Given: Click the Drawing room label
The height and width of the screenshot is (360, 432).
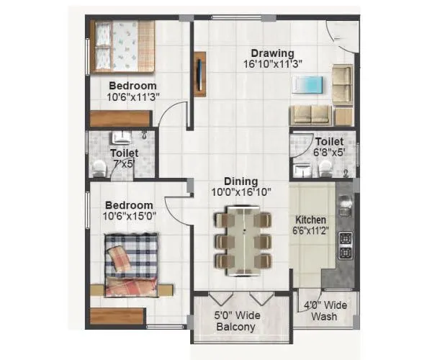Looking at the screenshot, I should [x=272, y=53].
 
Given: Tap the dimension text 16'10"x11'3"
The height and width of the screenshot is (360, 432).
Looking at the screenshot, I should [x=272, y=63].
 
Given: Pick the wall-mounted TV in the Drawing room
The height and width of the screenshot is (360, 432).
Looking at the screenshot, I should [x=200, y=73].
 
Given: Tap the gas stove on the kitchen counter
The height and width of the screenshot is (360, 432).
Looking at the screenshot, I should [x=346, y=246].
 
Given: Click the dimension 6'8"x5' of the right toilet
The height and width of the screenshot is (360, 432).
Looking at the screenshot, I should [x=328, y=153].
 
